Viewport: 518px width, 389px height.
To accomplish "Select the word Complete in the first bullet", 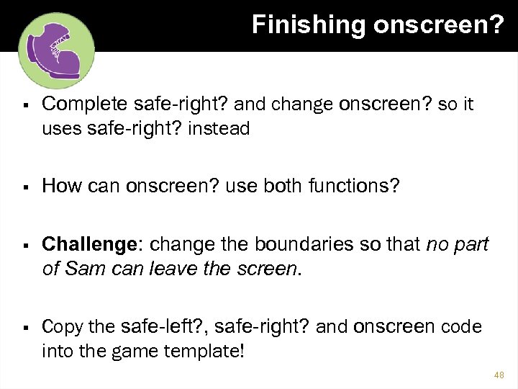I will point(86,105).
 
